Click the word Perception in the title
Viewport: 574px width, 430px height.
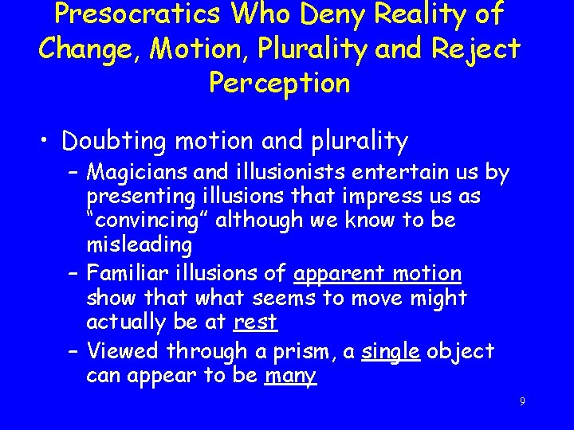coord(279,82)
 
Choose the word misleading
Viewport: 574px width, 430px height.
coord(140,244)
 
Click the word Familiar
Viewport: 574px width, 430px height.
coord(127,274)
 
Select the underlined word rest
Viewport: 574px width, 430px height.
coord(255,322)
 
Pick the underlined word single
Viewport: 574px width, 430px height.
coord(391,351)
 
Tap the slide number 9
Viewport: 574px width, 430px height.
coord(521,402)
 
